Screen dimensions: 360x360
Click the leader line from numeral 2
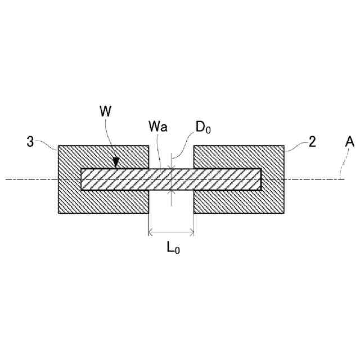(295, 148)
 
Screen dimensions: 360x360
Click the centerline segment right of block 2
(315, 179)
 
